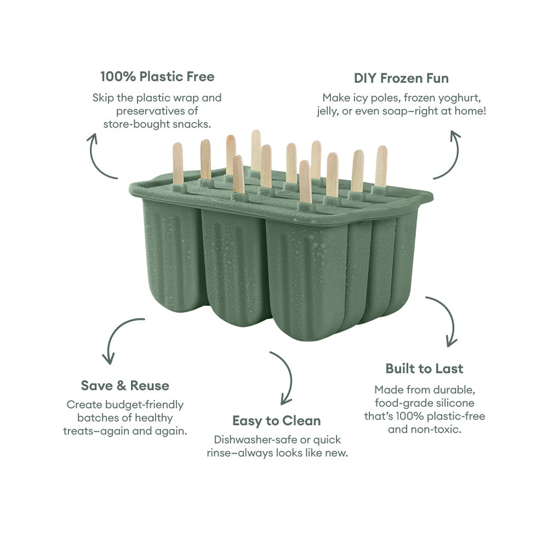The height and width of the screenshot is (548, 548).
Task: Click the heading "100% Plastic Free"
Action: (157, 76)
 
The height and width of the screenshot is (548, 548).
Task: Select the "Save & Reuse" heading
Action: (125, 385)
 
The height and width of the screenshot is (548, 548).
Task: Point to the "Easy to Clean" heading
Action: (277, 421)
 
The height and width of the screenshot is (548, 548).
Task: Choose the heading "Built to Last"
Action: (424, 368)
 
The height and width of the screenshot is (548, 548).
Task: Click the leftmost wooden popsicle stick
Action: (178, 162)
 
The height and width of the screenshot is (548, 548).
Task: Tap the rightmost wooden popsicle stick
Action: (381, 165)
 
